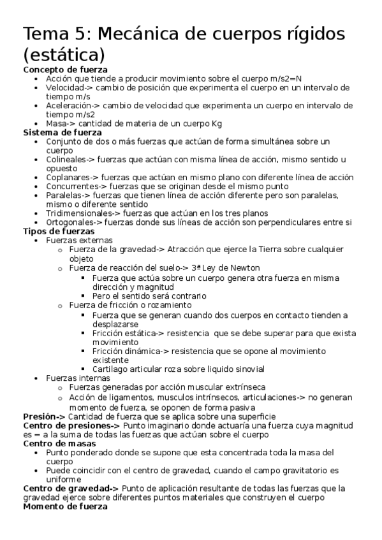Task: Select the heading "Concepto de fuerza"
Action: click(x=65, y=69)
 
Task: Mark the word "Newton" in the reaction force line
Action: click(x=244, y=268)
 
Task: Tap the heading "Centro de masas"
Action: click(x=59, y=443)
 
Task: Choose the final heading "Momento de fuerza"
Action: click(x=65, y=507)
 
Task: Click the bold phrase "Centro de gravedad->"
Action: click(x=71, y=488)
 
